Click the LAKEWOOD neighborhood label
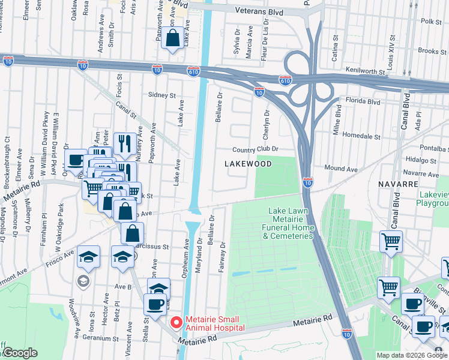click(x=248, y=163)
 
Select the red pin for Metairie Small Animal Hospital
click(x=176, y=322)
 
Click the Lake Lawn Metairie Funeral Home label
click(x=291, y=222)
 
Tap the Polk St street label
click(x=431, y=21)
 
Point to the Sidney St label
click(x=161, y=95)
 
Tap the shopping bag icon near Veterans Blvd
click(x=173, y=38)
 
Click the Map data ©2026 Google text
click(x=412, y=355)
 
